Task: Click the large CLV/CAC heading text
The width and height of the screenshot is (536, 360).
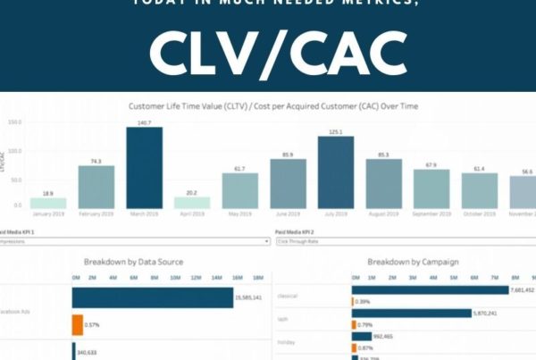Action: pos(267,54)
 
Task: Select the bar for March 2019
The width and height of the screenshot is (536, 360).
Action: pos(144,168)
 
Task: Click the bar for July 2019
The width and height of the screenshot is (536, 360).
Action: pos(336,172)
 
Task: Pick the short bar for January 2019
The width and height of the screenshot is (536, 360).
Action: pos(48,203)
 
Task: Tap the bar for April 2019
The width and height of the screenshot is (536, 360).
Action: pos(192,203)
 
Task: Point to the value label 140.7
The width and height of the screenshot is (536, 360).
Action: pos(144,121)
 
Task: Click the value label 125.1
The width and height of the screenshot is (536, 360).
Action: pos(336,131)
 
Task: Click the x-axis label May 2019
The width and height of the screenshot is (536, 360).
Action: pos(239,215)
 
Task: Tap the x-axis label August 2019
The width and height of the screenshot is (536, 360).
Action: pos(383,215)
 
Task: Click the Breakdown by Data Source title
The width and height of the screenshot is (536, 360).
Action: pos(133,262)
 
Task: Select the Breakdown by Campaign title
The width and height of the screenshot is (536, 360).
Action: pos(414,262)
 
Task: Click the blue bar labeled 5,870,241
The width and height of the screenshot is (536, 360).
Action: pos(412,314)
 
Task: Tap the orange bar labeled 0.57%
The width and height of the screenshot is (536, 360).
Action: pos(77,324)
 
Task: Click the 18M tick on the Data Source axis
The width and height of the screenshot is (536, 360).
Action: pos(257,279)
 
